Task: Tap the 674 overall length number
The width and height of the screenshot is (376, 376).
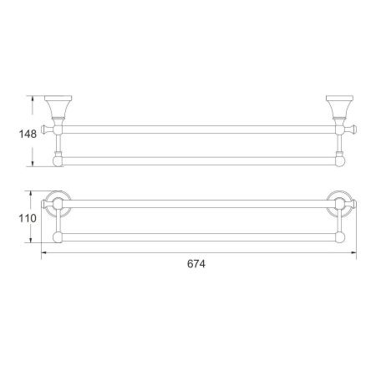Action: [196, 262]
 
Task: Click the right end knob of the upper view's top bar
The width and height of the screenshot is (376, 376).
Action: [353, 130]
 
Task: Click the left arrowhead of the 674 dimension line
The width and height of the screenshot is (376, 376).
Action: [43, 251]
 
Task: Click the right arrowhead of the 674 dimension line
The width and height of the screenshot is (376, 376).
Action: [354, 251]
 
